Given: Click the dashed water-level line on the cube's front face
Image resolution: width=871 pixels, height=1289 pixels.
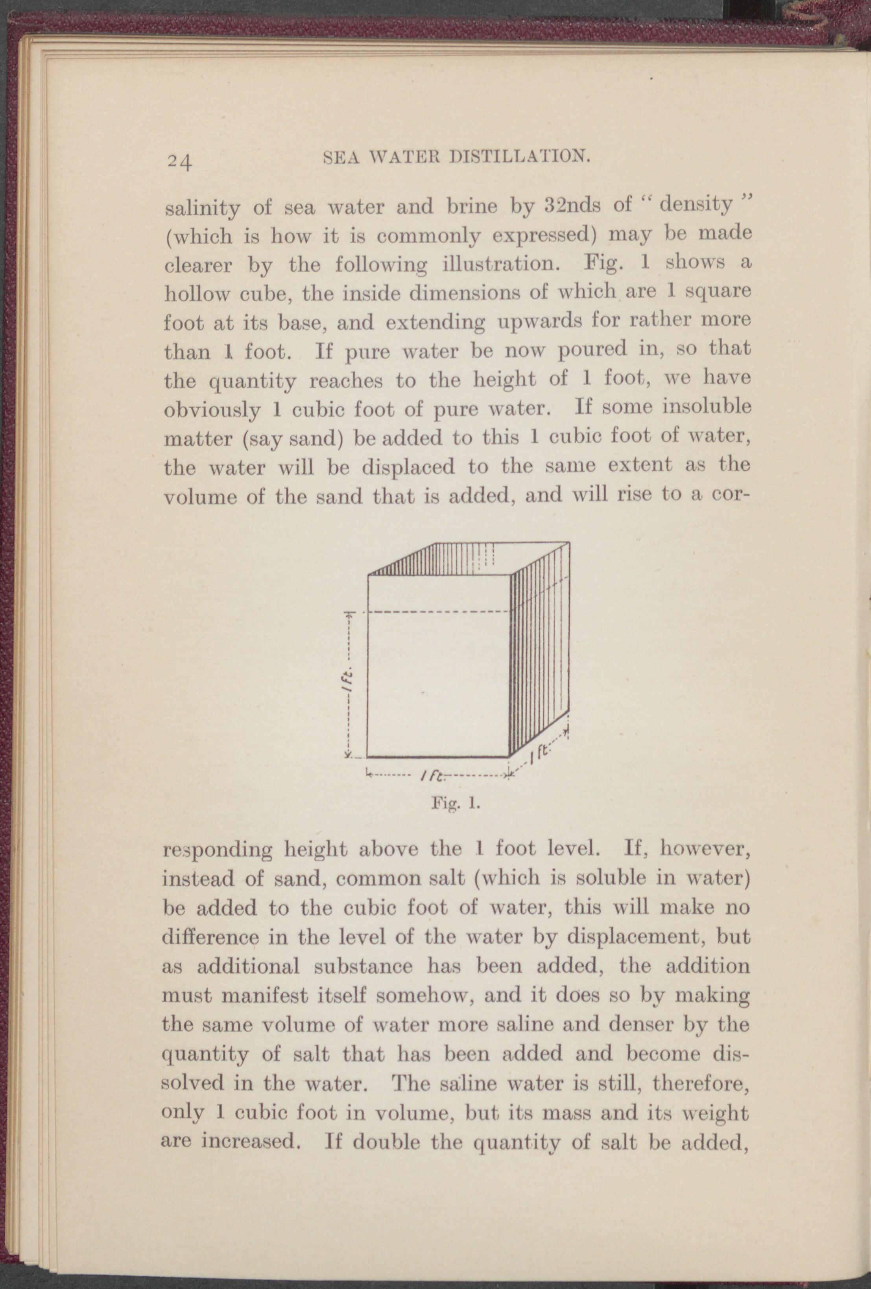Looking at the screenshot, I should (439, 612).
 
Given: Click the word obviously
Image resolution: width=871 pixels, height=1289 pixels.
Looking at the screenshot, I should (212, 410).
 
